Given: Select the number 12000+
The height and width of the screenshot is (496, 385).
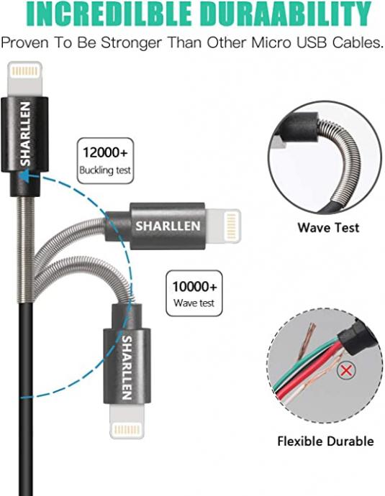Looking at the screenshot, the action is (x=106, y=152).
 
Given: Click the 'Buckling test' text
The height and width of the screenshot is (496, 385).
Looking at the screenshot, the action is (x=105, y=170).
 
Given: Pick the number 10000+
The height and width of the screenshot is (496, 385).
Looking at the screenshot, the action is (x=194, y=287).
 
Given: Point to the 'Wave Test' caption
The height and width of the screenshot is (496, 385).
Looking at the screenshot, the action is (x=328, y=228).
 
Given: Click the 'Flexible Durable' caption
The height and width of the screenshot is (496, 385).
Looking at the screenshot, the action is (x=325, y=441).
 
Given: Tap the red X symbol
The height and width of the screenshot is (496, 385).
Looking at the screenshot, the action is (x=346, y=370).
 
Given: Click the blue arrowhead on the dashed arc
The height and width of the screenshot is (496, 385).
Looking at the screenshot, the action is (x=24, y=176).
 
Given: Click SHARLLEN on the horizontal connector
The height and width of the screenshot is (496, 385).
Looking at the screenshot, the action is (x=168, y=226).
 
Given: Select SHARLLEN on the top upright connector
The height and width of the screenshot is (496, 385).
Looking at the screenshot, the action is (x=25, y=134).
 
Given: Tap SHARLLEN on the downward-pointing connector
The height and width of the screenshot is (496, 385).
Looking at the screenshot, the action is (x=127, y=367).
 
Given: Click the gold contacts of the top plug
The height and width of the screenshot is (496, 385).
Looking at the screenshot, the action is (x=25, y=71).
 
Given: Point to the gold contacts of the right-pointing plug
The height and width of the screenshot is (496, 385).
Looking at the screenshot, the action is (x=232, y=226).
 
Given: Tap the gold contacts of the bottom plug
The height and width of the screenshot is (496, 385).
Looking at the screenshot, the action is (x=127, y=430).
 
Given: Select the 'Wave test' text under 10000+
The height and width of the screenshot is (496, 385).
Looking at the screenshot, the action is (x=194, y=303).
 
